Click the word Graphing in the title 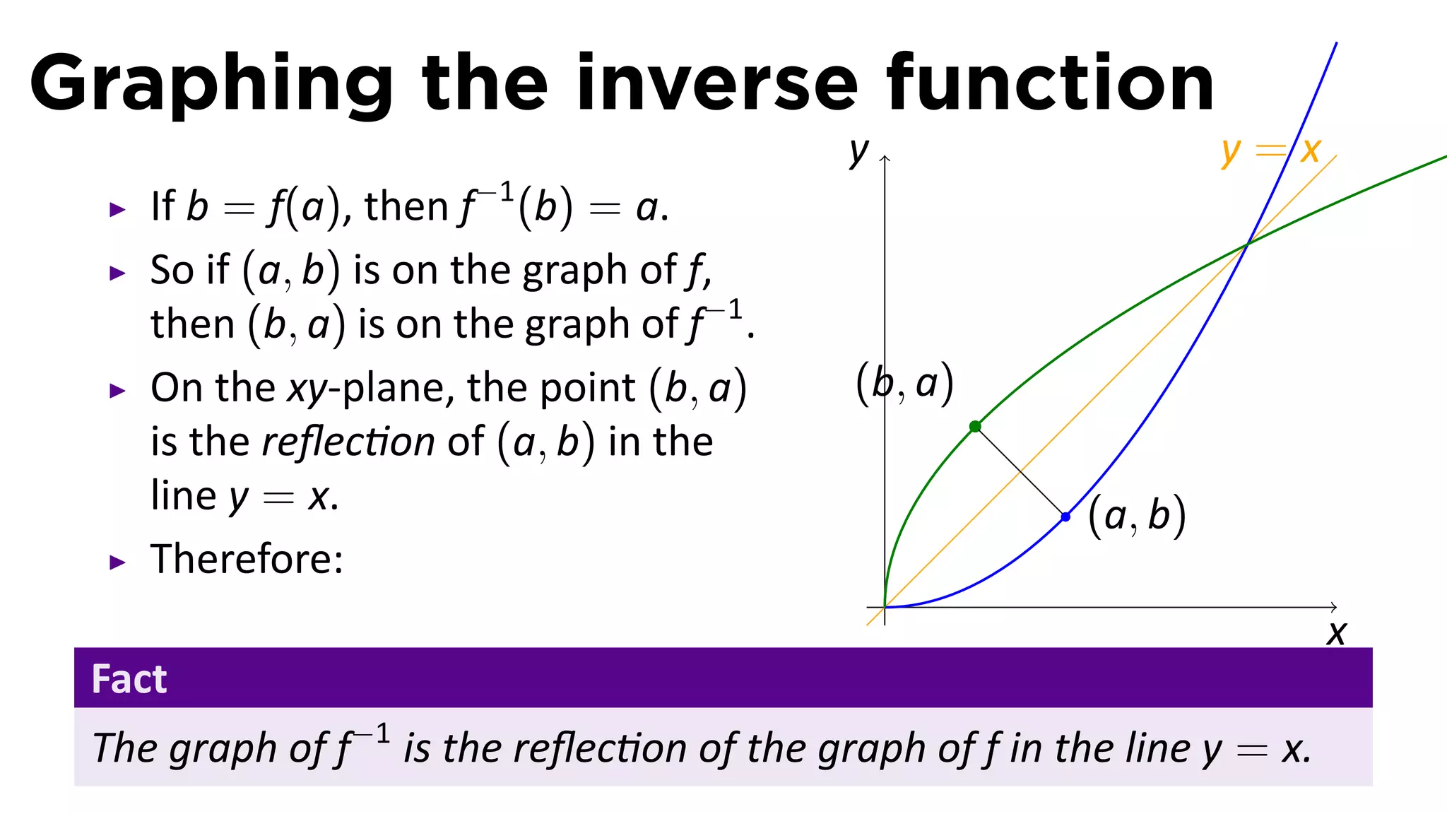211,83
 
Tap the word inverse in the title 717,83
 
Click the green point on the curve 975,426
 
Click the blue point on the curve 1065,517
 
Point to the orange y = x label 1270,151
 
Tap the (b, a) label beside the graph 904,383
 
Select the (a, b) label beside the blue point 1136,516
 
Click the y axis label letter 858,151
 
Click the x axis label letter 1336,633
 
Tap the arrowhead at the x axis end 1334,607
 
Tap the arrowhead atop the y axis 885,159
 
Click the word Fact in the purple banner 129,679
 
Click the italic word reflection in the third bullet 348,442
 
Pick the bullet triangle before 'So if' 117,273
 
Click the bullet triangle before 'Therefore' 117,562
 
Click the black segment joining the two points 1020,471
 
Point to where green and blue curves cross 1248,244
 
